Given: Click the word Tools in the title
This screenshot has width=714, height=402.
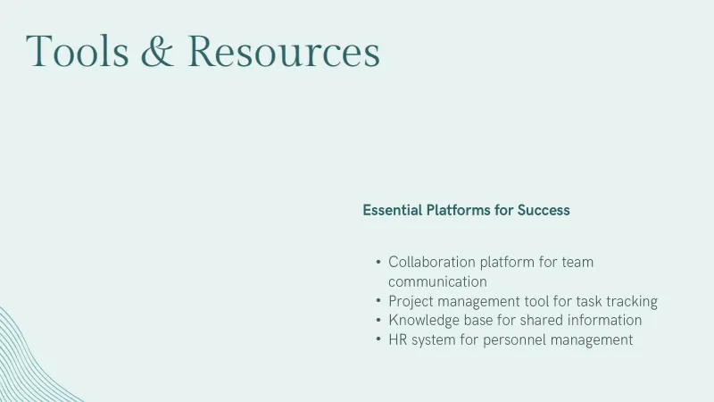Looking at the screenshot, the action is point(78,51).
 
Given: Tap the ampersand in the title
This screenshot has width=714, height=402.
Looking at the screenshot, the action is point(158,51).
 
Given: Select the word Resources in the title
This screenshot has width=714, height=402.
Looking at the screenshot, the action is point(284,51).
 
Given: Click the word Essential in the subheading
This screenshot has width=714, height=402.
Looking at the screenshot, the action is point(392,210).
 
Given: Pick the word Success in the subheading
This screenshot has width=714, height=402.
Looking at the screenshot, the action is point(544,210).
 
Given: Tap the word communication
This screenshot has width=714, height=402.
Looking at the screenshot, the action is point(437,281).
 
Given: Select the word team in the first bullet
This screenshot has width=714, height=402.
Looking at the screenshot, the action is point(577,262).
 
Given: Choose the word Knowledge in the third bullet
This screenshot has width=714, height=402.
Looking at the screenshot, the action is point(424,321).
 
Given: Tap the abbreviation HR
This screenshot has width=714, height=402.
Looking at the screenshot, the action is point(397,340).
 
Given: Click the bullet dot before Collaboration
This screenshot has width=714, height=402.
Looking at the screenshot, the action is point(378,262).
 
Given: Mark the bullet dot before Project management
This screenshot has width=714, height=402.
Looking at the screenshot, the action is point(378,301).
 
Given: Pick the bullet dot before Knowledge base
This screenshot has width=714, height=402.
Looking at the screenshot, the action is point(378,320).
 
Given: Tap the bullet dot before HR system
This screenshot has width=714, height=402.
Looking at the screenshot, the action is point(378,339).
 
